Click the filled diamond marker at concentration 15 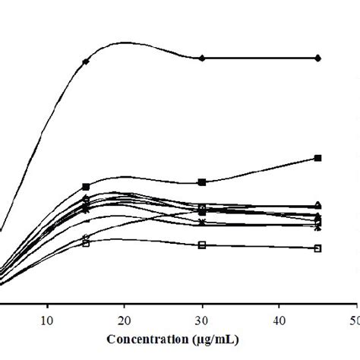point(86,61)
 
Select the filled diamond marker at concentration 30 point(202,58)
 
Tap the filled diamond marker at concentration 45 point(318,58)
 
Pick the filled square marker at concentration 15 point(86,186)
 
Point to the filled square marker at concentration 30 point(202,182)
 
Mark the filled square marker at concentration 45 point(318,158)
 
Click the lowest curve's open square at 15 point(86,243)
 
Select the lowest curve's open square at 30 point(202,245)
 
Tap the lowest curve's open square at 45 point(318,248)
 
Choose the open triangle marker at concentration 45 point(318,204)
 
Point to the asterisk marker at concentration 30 point(202,223)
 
